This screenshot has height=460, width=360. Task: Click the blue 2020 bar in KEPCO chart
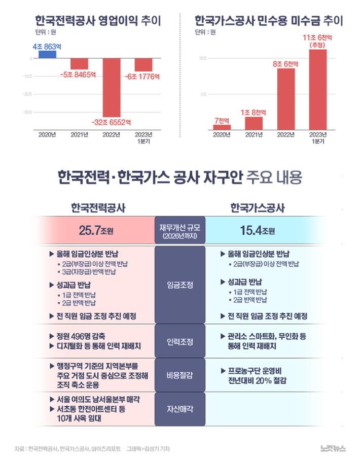(48, 54)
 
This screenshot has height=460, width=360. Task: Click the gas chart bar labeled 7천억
(222, 127)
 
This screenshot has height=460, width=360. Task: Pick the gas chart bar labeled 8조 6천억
(286, 98)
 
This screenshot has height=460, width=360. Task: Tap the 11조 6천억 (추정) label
(318, 41)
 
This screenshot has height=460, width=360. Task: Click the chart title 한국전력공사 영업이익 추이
(98, 21)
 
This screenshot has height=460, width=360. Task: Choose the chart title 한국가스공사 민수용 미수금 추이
(269, 21)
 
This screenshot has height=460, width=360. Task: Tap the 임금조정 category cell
(179, 285)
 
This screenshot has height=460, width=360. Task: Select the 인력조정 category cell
(179, 341)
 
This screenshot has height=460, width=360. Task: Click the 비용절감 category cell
(179, 376)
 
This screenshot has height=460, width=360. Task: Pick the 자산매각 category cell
(179, 409)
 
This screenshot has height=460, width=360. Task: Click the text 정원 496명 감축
(85, 336)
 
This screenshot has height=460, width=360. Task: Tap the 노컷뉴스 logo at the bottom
(333, 448)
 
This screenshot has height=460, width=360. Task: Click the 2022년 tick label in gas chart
(286, 134)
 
